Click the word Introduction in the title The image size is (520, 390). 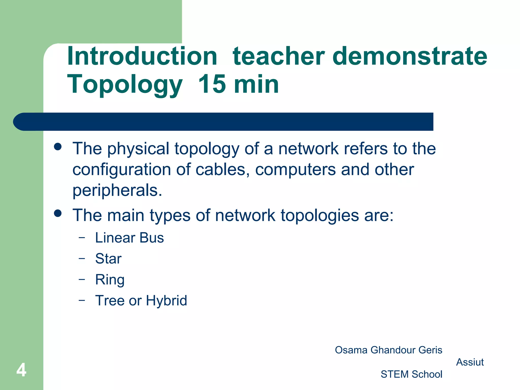142,56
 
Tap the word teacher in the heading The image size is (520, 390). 279,56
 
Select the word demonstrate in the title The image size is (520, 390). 410,56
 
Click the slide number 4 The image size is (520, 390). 21,370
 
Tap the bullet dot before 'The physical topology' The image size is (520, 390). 58,147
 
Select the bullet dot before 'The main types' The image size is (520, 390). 58,213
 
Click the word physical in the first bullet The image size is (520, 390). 138,149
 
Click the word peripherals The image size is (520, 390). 117,190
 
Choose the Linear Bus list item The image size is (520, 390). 129,238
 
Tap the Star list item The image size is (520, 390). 108,259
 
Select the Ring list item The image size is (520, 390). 110,280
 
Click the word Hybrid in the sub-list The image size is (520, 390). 166,301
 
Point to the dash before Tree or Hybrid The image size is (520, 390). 82,300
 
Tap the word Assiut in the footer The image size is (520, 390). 470,362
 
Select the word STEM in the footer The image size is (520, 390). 395,374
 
